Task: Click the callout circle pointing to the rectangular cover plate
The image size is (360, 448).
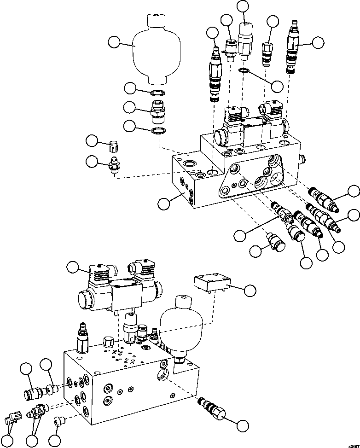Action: click(250, 290)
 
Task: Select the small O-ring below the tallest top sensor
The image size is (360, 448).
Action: click(244, 70)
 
